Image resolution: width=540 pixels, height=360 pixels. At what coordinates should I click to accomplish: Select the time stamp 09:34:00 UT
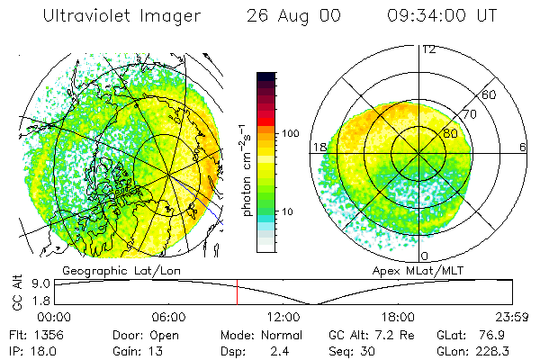[442, 17]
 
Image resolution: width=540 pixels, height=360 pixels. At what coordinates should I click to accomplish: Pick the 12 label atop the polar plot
[428, 49]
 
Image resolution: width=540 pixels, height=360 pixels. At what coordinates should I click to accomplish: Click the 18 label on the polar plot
[319, 147]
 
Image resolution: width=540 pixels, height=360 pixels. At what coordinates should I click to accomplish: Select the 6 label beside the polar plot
[523, 147]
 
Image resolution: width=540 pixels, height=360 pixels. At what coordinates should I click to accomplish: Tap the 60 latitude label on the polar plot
[490, 94]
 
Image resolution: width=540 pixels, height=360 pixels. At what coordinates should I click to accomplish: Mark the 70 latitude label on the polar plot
[469, 114]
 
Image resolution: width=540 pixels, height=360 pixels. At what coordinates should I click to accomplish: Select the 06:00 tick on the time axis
[169, 316]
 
